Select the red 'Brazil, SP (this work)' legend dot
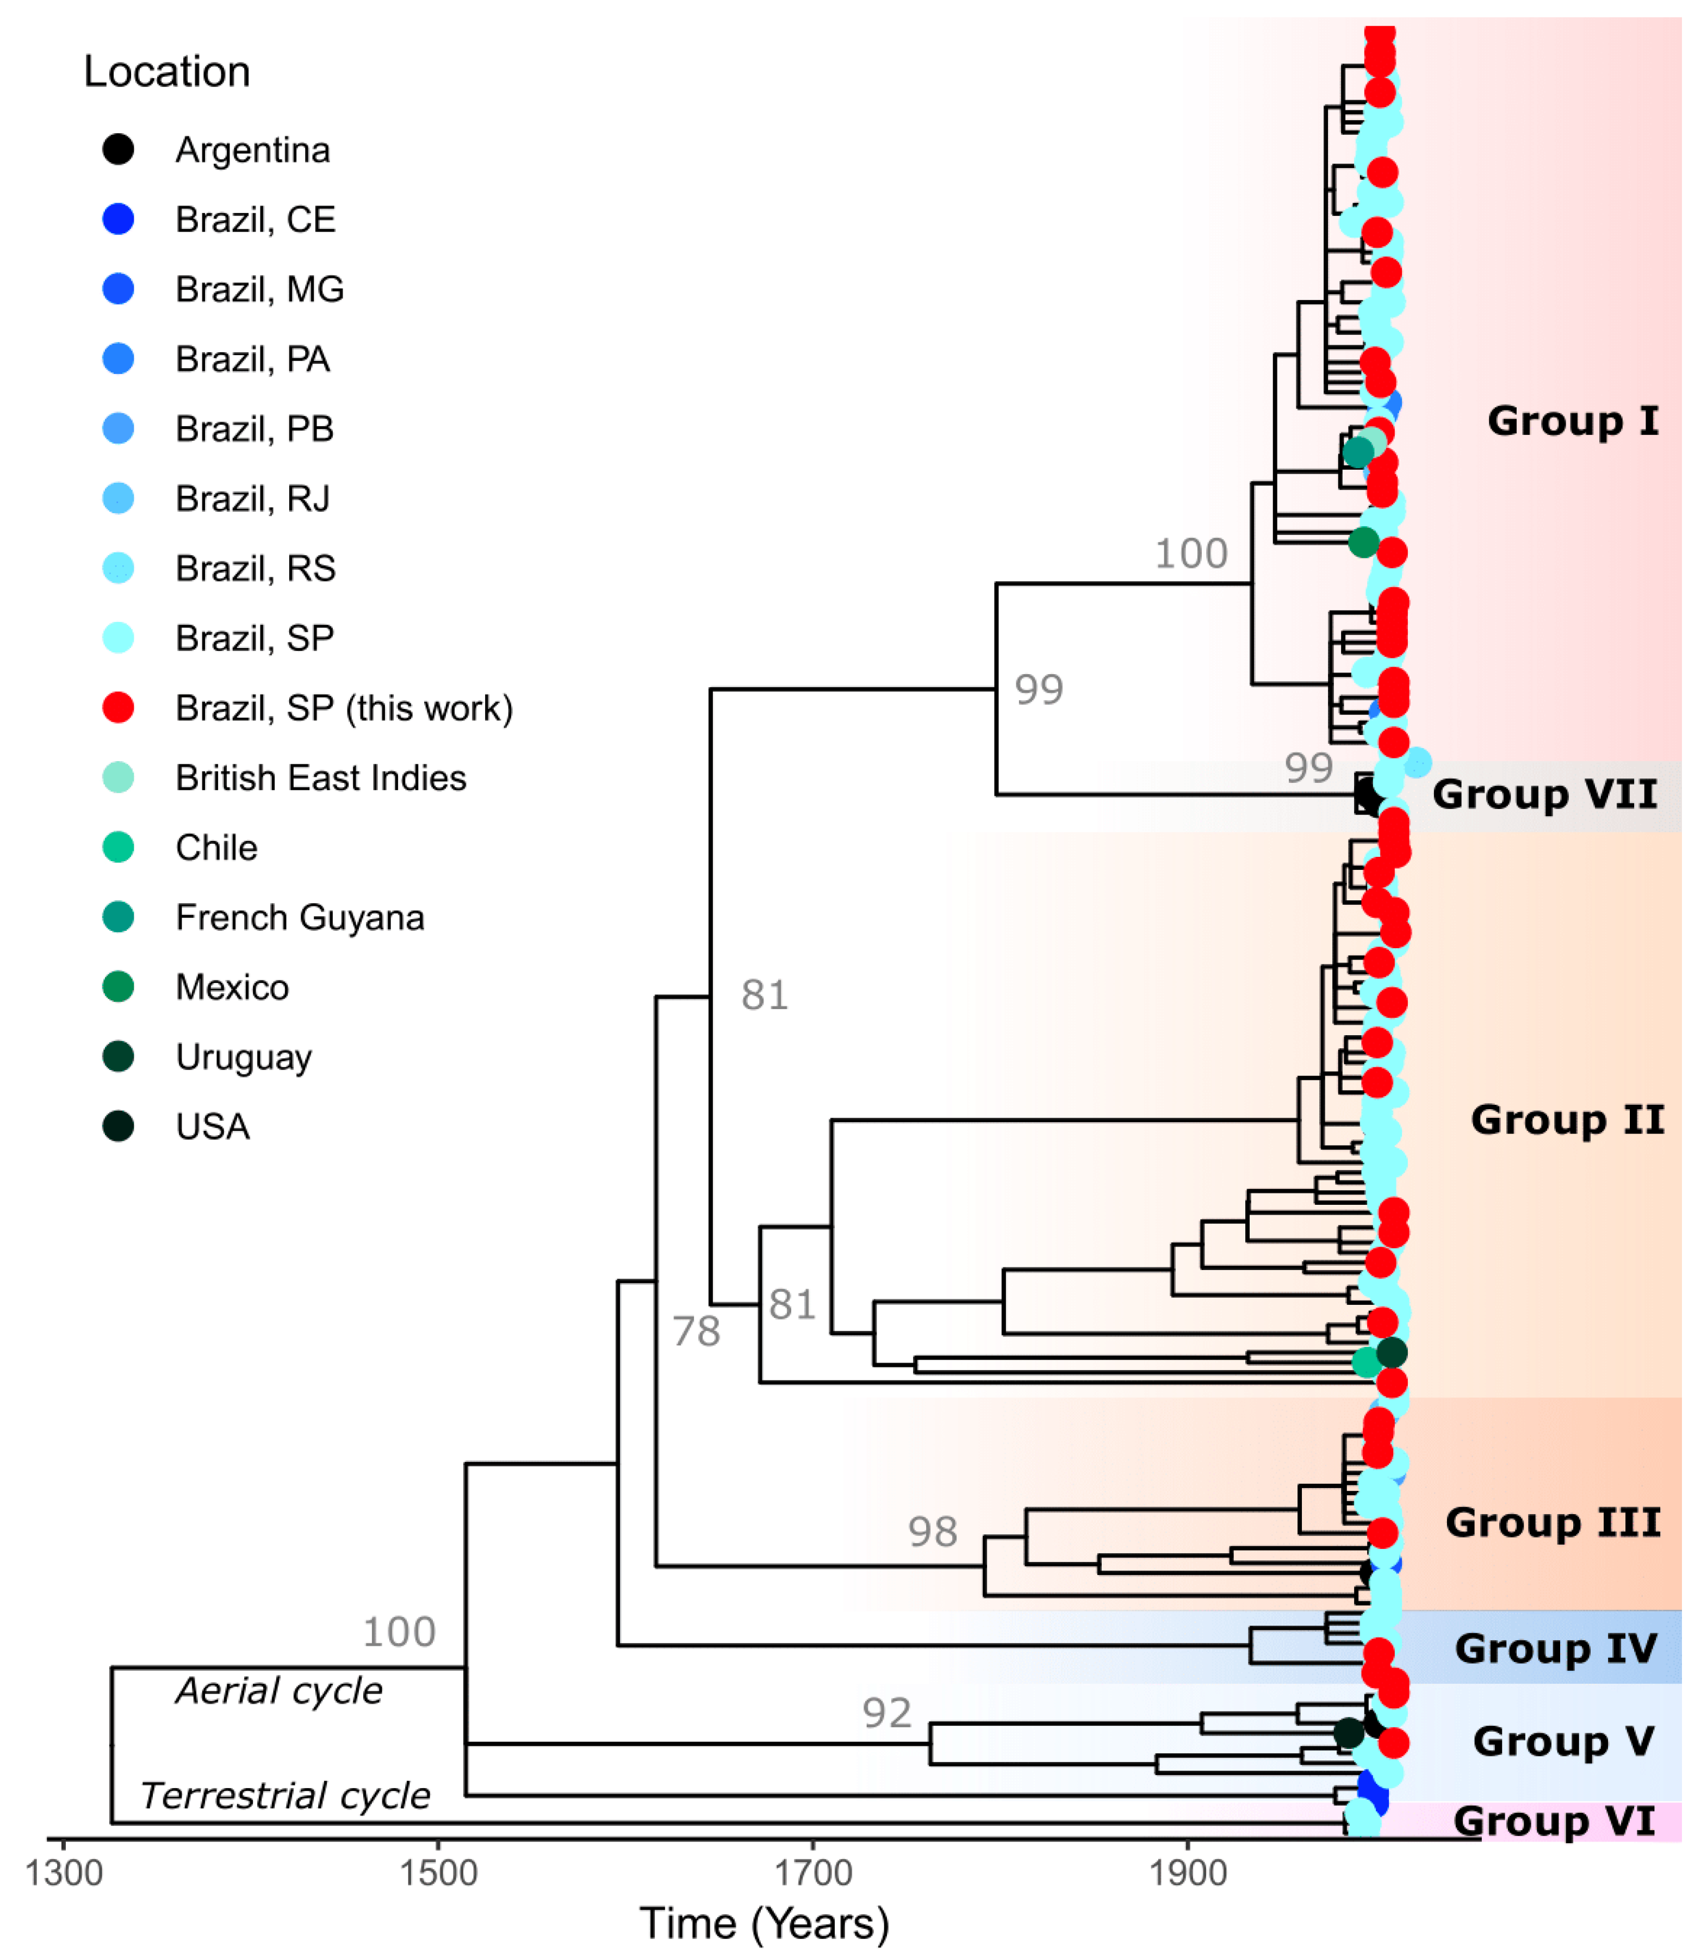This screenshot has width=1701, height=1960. pos(117,707)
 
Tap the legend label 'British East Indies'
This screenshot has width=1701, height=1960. pos(321,777)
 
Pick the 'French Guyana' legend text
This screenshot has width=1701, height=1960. pos(300,917)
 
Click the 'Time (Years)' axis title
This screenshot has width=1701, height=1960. pos(764,1924)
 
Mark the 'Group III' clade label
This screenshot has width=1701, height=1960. pos(1553,1522)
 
